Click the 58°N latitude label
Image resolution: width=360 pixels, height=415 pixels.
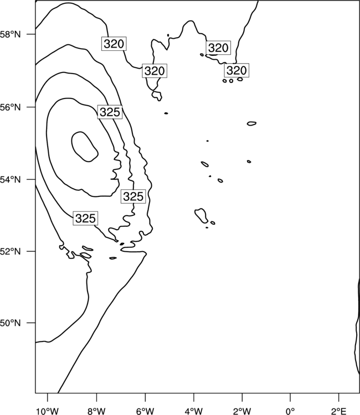tap(10, 34)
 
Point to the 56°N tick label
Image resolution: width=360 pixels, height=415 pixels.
tap(10, 107)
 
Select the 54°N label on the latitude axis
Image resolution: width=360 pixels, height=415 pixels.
tap(10, 180)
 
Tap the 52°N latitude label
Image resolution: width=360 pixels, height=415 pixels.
tap(10, 251)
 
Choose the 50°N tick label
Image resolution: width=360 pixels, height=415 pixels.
tap(10, 323)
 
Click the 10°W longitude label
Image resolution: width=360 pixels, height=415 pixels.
tap(48, 411)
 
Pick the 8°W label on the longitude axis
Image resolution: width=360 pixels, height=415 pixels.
tap(96, 411)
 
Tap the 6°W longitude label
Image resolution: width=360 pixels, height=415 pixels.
tap(145, 411)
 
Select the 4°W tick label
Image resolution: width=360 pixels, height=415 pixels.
tap(194, 411)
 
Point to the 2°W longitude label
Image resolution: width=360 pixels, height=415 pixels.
tap(242, 411)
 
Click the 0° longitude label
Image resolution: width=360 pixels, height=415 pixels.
tap(290, 411)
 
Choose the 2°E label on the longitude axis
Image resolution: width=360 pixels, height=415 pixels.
tap(339, 411)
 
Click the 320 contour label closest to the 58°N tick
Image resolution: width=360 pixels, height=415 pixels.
tap(114, 44)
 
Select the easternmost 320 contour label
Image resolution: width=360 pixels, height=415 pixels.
tap(236, 70)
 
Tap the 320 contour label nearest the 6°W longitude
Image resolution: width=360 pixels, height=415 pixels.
tap(155, 71)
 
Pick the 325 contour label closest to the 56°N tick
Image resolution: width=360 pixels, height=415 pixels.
tap(110, 112)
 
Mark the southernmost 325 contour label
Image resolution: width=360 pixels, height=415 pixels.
tap(85, 219)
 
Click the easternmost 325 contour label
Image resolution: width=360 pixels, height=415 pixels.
tap(133, 196)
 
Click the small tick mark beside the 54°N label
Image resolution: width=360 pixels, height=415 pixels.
tap(31, 179)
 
